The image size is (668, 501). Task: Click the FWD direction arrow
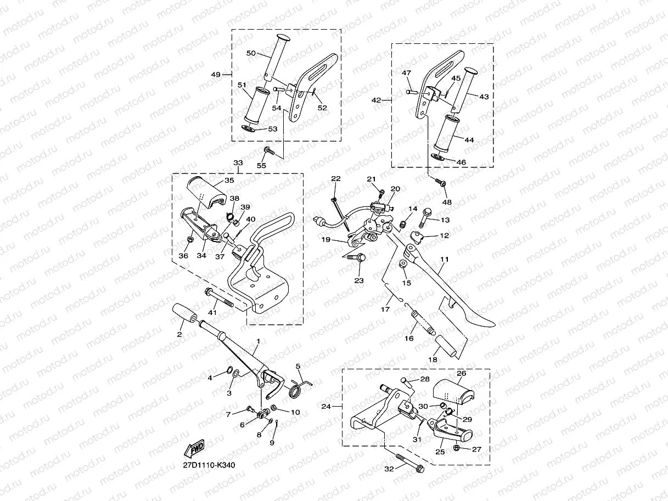pyautogui.click(x=195, y=449)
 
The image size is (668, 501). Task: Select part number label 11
pyautogui.click(x=444, y=258)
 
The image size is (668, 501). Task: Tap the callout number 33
pyautogui.click(x=238, y=163)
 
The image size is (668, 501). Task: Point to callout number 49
pyautogui.click(x=215, y=74)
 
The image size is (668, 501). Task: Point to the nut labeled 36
pyautogui.click(x=189, y=239)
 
